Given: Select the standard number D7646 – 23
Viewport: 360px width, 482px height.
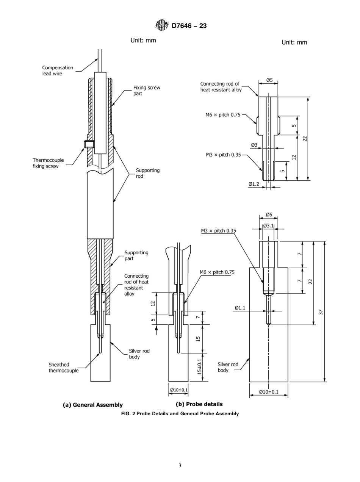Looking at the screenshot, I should coord(189,26).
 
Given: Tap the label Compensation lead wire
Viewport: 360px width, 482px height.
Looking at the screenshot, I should coord(58,70).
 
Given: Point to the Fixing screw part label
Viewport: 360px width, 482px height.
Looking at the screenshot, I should coord(146,91).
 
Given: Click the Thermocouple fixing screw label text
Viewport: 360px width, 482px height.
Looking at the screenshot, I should coord(48,163).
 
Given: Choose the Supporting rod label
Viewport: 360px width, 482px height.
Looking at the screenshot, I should coord(147,173).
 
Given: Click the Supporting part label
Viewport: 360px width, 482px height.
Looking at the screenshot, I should coord(136,255).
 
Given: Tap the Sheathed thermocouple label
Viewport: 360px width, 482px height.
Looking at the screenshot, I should coord(63,367).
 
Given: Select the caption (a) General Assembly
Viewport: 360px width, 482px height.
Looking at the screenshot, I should coord(92,405).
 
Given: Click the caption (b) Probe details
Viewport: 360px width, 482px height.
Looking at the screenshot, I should coord(199,404).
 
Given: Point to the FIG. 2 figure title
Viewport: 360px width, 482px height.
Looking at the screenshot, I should coord(180,413).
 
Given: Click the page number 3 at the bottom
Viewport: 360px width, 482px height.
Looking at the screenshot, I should coord(180,466).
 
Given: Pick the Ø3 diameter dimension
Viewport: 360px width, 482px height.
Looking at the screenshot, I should coord(254,145).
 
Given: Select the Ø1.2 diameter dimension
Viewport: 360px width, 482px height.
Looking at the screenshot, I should coord(255,184).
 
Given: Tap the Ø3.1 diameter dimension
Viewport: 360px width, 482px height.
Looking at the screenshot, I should coord(268,226).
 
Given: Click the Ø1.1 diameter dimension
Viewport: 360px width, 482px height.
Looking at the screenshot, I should coord(241,308).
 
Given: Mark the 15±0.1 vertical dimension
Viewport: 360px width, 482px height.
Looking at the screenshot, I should coord(199,367).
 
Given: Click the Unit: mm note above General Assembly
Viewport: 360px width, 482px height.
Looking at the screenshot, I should coord(143,40).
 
